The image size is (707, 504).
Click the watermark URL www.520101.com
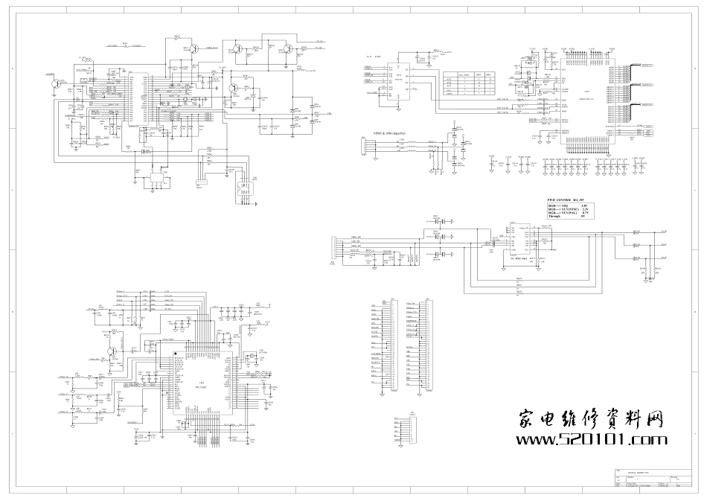[x=592, y=440]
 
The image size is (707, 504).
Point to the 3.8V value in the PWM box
[x=585, y=205]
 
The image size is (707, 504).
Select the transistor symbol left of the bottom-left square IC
[x=112, y=352]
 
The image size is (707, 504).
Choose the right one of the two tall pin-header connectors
[x=426, y=346]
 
